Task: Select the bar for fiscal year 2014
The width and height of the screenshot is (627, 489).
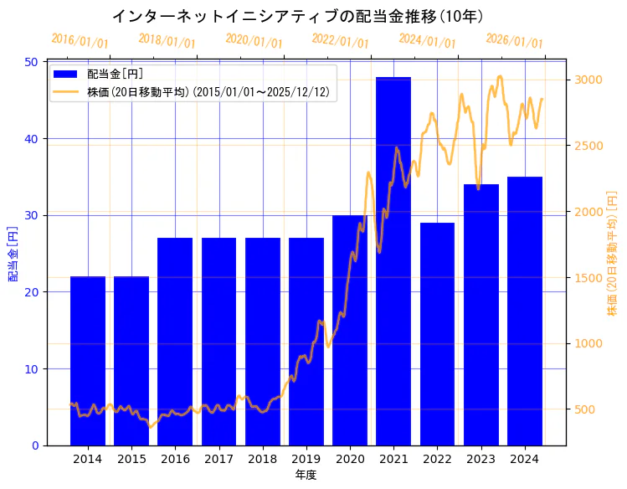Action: (88, 360)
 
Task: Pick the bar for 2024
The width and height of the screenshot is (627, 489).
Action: (525, 311)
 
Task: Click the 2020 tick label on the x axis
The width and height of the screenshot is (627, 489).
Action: (350, 458)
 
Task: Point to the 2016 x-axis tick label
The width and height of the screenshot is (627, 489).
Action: (175, 458)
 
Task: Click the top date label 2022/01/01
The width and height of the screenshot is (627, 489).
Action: (340, 40)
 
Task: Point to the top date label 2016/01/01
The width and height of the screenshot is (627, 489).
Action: (80, 40)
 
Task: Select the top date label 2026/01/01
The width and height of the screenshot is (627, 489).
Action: (514, 40)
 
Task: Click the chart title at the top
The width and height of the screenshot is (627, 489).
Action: (297, 16)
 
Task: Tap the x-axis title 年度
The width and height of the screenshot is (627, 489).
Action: (306, 475)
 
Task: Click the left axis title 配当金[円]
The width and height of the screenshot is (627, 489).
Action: (13, 254)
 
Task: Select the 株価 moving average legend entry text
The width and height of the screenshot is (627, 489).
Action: (208, 91)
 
